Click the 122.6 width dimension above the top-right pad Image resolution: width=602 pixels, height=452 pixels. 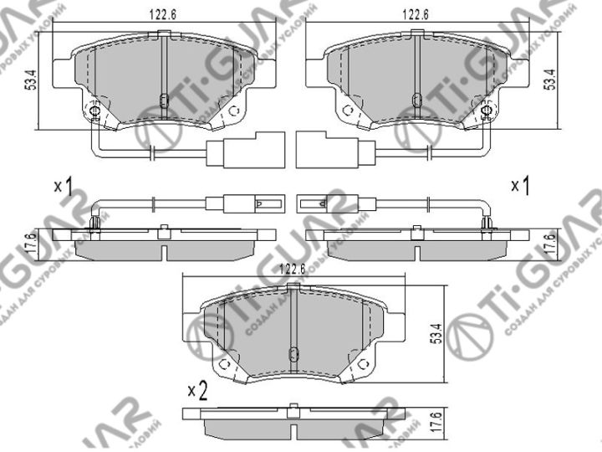coord(416,13)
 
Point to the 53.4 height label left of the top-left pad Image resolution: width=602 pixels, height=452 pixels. coord(31,81)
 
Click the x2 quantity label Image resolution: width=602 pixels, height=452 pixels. coord(196,390)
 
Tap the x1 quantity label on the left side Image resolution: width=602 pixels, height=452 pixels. coord(62,186)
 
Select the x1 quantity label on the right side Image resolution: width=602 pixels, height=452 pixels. coord(520,186)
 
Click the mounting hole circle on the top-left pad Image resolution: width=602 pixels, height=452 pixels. coord(94,111)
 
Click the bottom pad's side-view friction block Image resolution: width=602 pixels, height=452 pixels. coord(292,427)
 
